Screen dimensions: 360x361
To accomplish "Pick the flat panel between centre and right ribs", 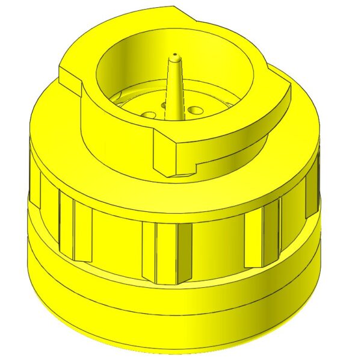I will tap(217, 247).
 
